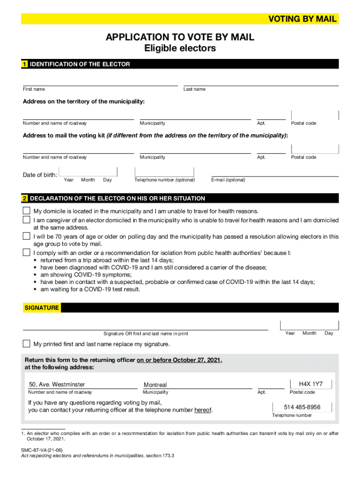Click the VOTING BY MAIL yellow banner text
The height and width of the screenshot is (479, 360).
point(302,19)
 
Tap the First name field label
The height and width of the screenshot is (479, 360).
point(34,89)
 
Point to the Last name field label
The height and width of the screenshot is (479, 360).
point(194,89)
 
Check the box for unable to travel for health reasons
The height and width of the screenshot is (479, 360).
point(27,211)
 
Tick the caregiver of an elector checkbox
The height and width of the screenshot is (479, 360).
point(27,220)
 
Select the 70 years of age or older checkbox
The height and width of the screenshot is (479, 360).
point(27,236)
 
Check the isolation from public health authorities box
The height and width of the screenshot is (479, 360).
point(27,253)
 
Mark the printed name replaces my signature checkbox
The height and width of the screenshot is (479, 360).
point(27,344)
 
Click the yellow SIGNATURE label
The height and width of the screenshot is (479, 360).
point(42,308)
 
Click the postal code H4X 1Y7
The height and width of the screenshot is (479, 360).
point(311,384)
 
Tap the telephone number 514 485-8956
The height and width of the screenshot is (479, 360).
point(302,407)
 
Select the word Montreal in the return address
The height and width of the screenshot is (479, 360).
point(155,385)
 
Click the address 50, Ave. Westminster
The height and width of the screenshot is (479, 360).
point(57,385)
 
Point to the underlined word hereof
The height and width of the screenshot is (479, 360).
point(203,410)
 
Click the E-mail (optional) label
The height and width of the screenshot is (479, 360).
point(228,180)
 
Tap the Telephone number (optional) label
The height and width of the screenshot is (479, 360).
point(165,180)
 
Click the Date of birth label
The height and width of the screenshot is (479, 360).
point(40,175)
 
